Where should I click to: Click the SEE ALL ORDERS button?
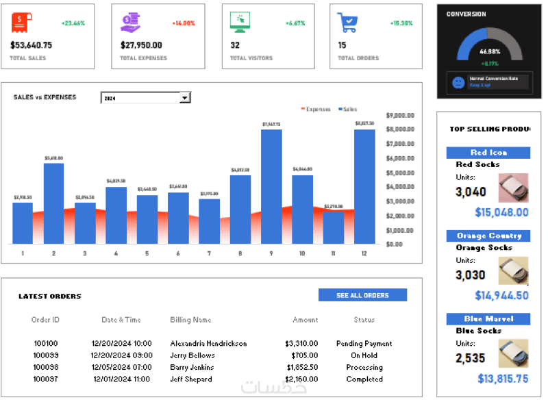pyautogui.click(x=362, y=295)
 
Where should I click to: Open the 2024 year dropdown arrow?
pyautogui.click(x=184, y=98)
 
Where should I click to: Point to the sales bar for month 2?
pyautogui.click(x=53, y=203)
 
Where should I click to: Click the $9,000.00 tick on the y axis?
pyautogui.click(x=401, y=115)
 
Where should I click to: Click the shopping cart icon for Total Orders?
pyautogui.click(x=347, y=23)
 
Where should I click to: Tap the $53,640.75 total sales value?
pyautogui.click(x=32, y=45)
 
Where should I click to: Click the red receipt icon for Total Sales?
pyautogui.click(x=21, y=23)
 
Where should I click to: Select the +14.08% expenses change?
pyautogui.click(x=184, y=23)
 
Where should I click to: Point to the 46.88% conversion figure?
pyautogui.click(x=489, y=51)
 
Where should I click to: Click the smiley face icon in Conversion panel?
pyautogui.click(x=458, y=82)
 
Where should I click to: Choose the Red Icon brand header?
pyautogui.click(x=488, y=152)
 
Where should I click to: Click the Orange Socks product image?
pyautogui.click(x=513, y=272)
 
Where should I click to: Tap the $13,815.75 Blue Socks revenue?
pyautogui.click(x=503, y=378)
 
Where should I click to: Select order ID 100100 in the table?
pyautogui.click(x=45, y=343)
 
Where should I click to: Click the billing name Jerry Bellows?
pyautogui.click(x=192, y=355)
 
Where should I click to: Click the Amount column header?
pyautogui.click(x=305, y=319)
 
